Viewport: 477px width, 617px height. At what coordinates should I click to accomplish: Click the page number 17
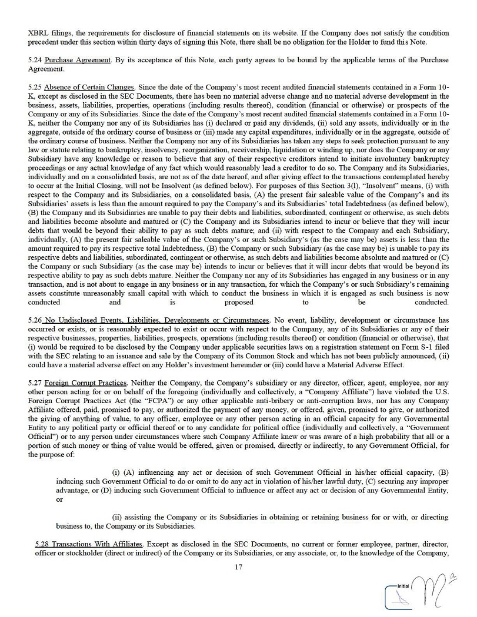click(238, 567)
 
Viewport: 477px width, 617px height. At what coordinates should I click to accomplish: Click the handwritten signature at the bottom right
click(433, 591)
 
